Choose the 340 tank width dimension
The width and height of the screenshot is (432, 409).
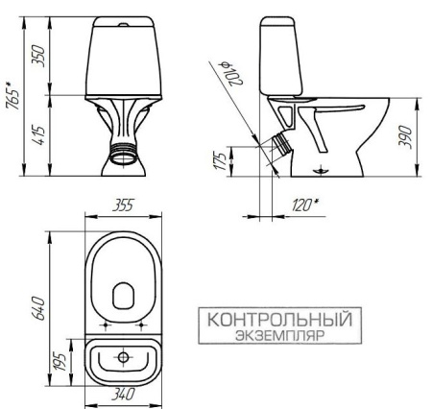tap(121, 394)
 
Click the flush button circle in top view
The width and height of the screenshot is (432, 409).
tap(122, 357)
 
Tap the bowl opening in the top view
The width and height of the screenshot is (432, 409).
tap(122, 293)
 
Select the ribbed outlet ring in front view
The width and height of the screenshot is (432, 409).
tap(122, 150)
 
